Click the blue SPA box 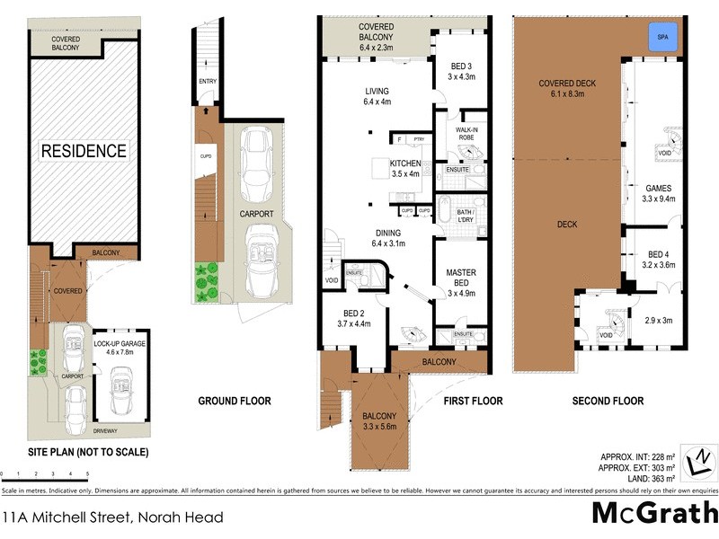663,38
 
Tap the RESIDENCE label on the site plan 84,151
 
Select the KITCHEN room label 404,168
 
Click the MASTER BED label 461,278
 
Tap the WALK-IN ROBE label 466,135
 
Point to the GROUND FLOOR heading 234,401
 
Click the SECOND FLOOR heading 608,401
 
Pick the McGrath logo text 654,514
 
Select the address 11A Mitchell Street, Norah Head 113,517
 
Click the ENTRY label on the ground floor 209,83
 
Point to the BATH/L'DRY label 465,214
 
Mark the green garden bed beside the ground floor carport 207,281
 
